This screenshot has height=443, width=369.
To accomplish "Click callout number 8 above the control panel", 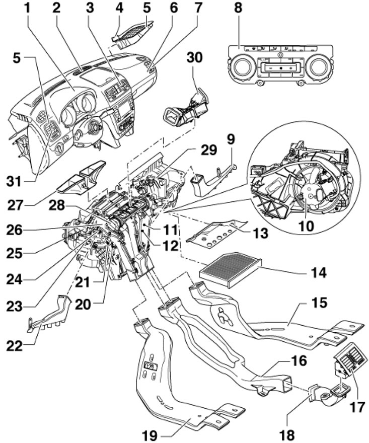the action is click(x=238, y=8).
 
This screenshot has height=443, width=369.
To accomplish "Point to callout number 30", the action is click(x=195, y=57).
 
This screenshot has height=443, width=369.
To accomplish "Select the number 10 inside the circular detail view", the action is click(x=306, y=226).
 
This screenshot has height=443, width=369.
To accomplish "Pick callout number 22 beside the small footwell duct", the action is click(x=15, y=346).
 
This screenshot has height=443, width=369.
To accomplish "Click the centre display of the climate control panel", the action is click(x=279, y=68).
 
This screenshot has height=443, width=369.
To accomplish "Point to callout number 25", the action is click(x=15, y=253).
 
